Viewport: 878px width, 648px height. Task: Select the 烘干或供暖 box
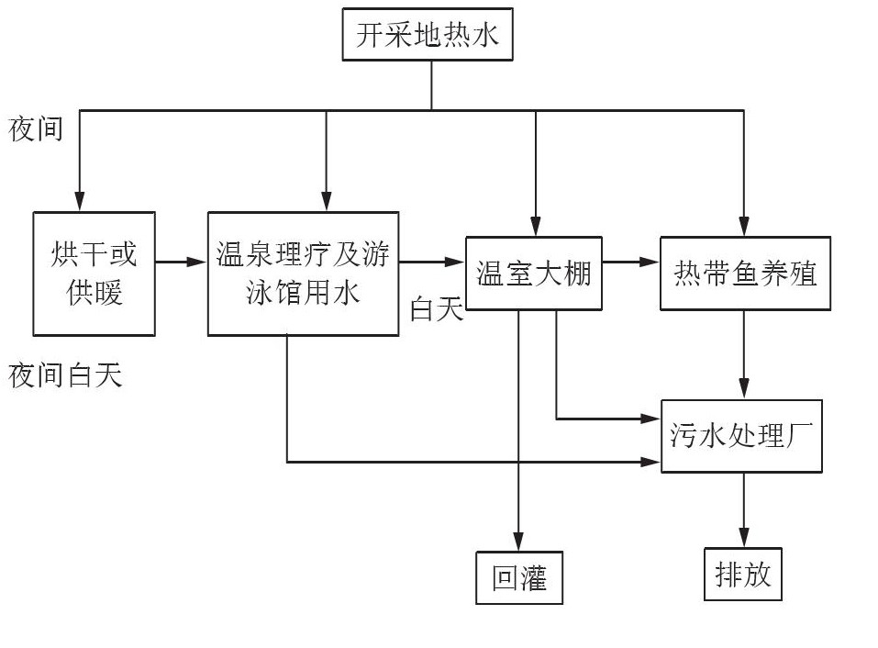click(x=94, y=273)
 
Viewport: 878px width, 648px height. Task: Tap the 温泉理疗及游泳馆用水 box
click(x=303, y=273)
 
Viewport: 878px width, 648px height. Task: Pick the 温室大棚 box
click(x=533, y=273)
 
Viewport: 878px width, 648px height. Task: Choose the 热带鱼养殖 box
click(x=745, y=273)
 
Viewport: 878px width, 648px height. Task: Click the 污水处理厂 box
click(x=741, y=436)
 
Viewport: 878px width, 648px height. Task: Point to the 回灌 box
click(x=519, y=577)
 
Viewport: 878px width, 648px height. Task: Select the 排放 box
click(x=743, y=574)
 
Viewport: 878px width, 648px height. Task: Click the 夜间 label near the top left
click(x=36, y=129)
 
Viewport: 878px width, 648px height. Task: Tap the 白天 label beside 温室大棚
click(x=437, y=310)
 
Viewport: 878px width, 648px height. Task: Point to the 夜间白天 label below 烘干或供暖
click(x=65, y=375)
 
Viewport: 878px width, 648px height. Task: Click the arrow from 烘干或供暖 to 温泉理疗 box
click(x=181, y=263)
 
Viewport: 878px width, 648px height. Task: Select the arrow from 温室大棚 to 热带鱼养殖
click(x=630, y=263)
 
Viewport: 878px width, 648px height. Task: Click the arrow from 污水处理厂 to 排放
click(x=744, y=509)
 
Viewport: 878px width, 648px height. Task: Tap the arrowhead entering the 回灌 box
click(x=518, y=541)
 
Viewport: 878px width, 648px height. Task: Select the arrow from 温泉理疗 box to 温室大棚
click(x=431, y=263)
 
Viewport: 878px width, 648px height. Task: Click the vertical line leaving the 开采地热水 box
click(x=432, y=85)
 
